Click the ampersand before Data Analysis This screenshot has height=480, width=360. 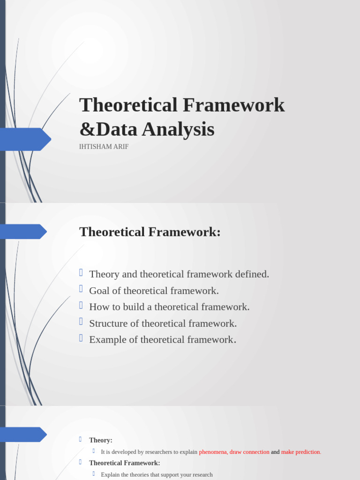[x=86, y=130]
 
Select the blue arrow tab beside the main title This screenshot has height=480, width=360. [x=26, y=139]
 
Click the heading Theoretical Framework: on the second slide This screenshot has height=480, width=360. [x=150, y=232]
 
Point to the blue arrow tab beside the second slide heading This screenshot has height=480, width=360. [x=23, y=232]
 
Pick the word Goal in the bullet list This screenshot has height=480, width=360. [x=98, y=291]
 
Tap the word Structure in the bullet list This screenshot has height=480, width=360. [x=107, y=323]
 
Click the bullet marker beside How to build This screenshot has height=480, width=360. [x=81, y=306]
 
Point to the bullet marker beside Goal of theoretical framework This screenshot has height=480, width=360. [x=81, y=290]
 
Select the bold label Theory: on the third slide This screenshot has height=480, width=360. [x=101, y=440]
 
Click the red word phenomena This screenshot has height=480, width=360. [x=213, y=452]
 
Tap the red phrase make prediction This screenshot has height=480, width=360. [x=300, y=452]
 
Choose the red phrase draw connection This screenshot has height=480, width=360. [x=249, y=452]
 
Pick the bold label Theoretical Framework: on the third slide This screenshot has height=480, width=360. [x=125, y=463]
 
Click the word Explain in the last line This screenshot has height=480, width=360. [x=110, y=474]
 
